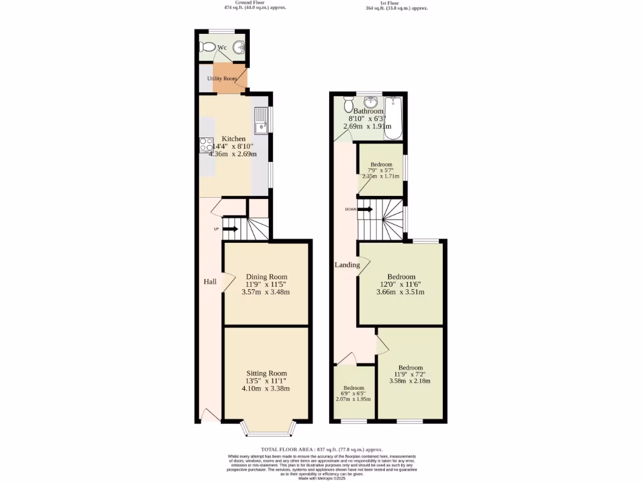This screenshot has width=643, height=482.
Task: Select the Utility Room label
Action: tap(222, 78)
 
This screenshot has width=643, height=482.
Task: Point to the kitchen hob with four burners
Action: tap(206, 144)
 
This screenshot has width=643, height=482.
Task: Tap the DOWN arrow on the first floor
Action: tap(365, 210)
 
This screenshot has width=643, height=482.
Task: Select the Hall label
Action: tap(210, 282)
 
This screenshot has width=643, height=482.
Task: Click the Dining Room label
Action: tap(266, 277)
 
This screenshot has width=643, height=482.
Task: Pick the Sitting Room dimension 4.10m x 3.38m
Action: tap(266, 388)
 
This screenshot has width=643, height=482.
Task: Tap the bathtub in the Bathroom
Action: tap(393, 118)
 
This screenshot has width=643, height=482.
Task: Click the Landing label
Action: tap(347, 265)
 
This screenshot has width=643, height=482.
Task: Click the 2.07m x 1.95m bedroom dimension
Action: tap(353, 399)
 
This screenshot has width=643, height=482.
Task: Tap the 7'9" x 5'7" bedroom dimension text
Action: tap(381, 170)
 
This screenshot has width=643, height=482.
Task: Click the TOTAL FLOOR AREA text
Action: tap(321, 449)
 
